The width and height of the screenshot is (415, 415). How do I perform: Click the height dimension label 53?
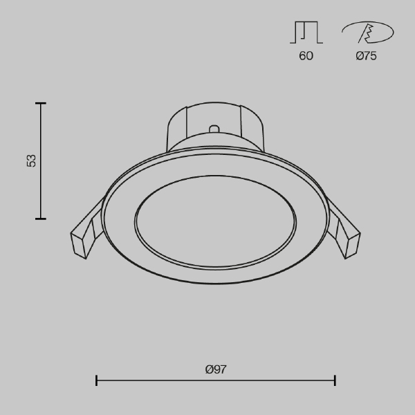tap(31, 160)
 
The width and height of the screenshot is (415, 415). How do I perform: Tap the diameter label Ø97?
tap(216, 369)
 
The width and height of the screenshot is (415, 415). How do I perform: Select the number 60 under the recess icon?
tap(306, 56)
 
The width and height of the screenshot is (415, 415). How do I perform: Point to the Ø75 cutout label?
tap(366, 56)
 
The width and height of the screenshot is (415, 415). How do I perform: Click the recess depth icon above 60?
tap(306, 33)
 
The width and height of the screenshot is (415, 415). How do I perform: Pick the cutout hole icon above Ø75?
tap(368, 33)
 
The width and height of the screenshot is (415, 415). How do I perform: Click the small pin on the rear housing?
tap(214, 129)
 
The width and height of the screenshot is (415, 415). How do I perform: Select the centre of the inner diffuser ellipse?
tap(215, 223)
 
